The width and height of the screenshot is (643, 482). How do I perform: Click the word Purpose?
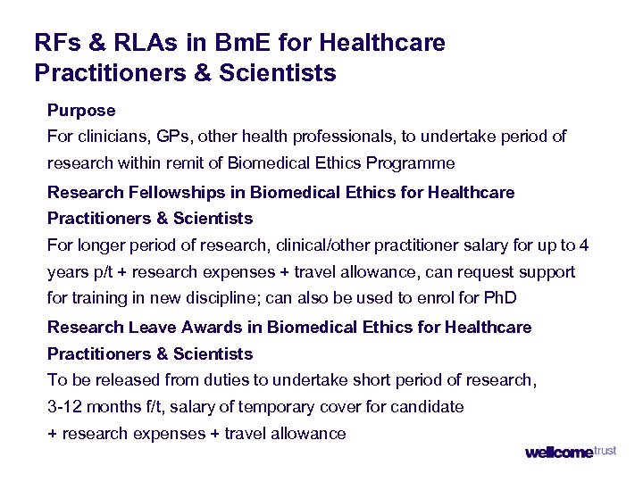81,111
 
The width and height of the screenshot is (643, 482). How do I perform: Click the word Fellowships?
188,192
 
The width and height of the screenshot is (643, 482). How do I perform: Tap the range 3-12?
65,407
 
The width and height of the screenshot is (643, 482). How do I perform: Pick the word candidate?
427,407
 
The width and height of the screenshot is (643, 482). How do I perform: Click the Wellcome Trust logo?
570,453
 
